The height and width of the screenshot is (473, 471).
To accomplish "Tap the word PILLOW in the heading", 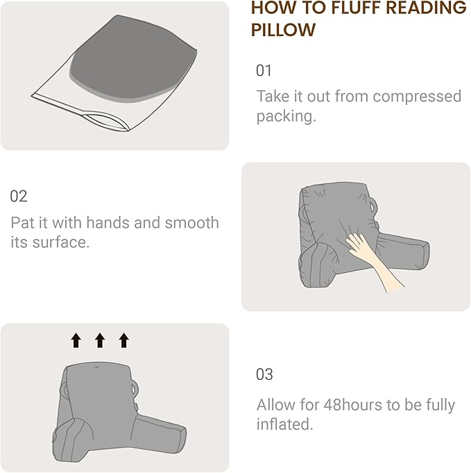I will coord(283,31).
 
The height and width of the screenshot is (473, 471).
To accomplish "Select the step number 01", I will coord(264,71).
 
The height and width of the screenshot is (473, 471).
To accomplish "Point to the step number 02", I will coord(19,197).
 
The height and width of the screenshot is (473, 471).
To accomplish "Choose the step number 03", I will coord(264,374).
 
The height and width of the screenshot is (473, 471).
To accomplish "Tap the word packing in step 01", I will coord(284,116).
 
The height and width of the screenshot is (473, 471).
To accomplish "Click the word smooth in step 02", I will coord(192,223).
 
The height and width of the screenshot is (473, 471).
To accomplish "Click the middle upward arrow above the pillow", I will coord(99,340).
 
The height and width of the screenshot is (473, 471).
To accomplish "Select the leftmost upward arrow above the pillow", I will coord(76,340).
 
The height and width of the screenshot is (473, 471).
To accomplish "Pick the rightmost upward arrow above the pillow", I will coord(123,340).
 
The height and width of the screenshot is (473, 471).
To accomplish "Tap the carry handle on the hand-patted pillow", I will coord(375,206).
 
